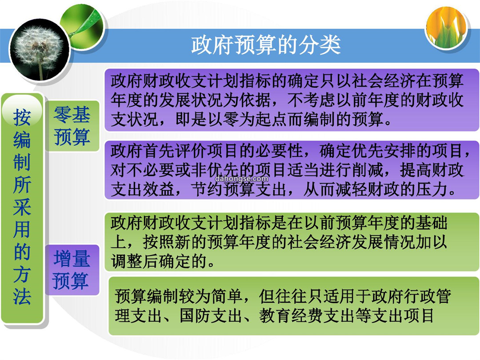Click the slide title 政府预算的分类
(x=266, y=45)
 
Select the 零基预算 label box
(x=72, y=126)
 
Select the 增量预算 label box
(x=72, y=270)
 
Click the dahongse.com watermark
(x=241, y=179)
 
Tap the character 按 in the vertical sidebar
(x=22, y=117)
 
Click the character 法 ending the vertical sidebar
(x=22, y=296)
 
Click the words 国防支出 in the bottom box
(x=211, y=316)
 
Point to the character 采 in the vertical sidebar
(x=22, y=207)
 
